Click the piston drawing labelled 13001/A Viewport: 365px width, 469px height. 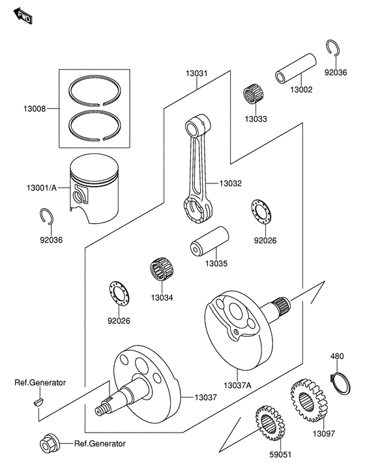pyautogui.click(x=97, y=189)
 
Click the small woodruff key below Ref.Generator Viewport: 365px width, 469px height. pyautogui.click(x=36, y=403)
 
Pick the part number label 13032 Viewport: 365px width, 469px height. pyautogui.click(x=230, y=184)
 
